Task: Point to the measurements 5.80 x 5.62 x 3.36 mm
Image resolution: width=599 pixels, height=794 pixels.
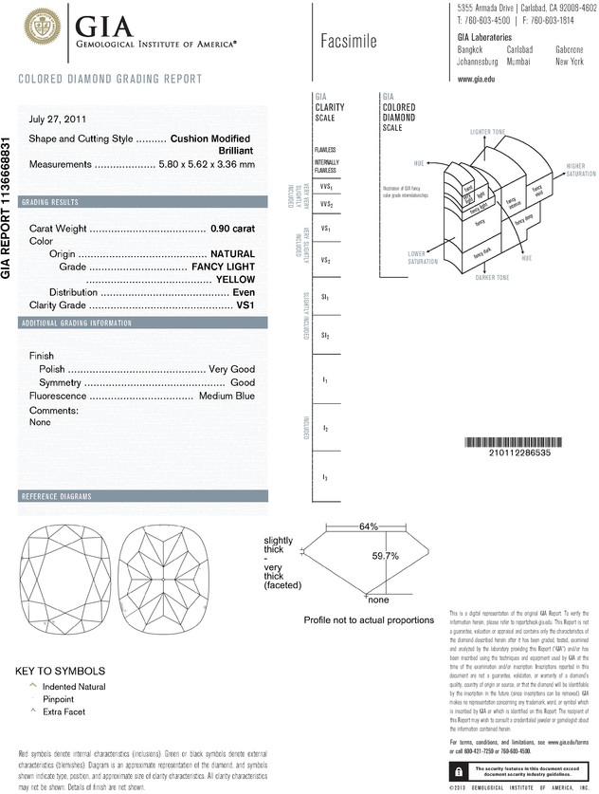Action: point(208,164)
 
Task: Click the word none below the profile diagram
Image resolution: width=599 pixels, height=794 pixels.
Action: point(379,600)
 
